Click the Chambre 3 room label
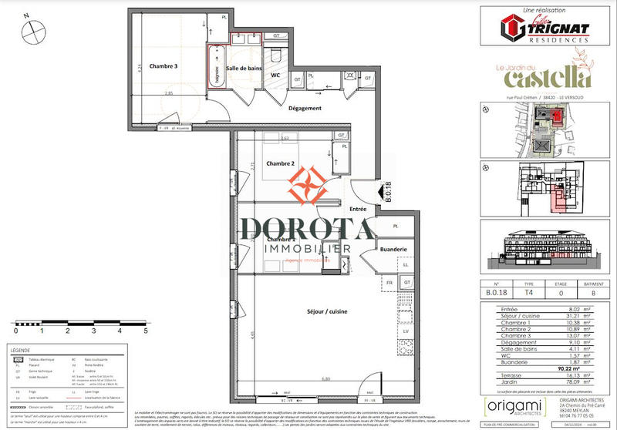163,66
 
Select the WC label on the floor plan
275,75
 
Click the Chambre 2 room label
281,163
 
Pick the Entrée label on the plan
359,209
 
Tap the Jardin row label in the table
491,382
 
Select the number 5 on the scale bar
145,330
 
